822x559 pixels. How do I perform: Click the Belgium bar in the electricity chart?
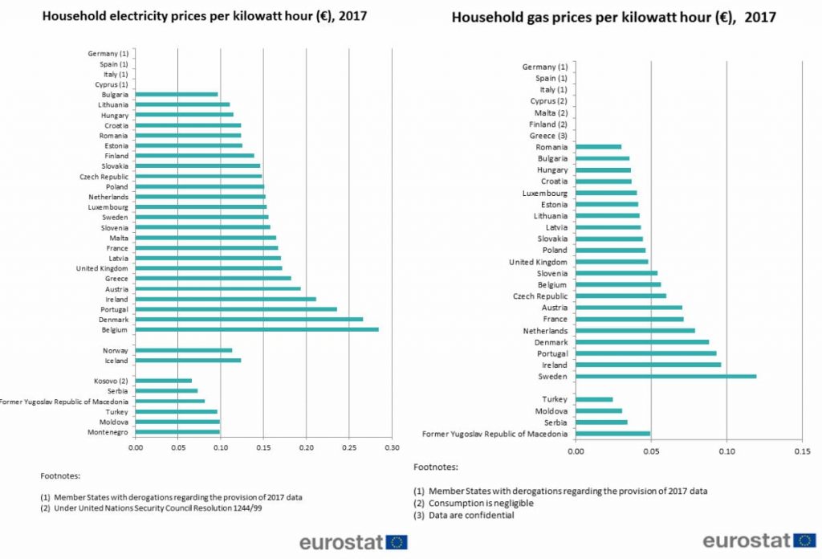pyautogui.click(x=257, y=329)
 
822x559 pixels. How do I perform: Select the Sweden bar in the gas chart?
pyautogui.click(x=666, y=376)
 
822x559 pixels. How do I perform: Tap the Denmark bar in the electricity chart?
pyautogui.click(x=249, y=319)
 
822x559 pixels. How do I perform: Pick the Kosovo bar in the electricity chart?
pyautogui.click(x=164, y=381)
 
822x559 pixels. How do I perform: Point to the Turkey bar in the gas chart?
pyautogui.click(x=595, y=399)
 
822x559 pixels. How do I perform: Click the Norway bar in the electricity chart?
pyautogui.click(x=184, y=350)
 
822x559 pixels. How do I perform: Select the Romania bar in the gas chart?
pyautogui.click(x=599, y=147)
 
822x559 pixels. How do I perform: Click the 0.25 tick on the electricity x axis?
pyautogui.click(x=349, y=447)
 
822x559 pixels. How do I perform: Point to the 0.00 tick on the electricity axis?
pyautogui.click(x=135, y=447)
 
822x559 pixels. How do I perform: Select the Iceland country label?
pyautogui.click(x=116, y=361)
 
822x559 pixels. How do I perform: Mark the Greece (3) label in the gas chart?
pyautogui.click(x=548, y=136)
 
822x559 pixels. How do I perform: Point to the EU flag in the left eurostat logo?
pyautogui.click(x=397, y=542)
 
